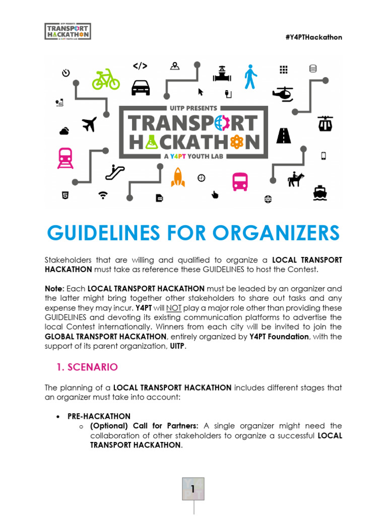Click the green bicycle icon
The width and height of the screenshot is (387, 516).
click(106, 79)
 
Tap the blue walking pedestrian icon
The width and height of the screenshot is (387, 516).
click(250, 77)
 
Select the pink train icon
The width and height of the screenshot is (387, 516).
click(66, 157)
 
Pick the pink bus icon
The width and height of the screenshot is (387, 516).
click(240, 181)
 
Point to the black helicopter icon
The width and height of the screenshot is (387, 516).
click(283, 93)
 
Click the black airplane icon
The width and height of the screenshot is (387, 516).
click(89, 123)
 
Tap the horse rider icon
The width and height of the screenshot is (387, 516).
click(296, 178)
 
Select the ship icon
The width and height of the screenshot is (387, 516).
click(320, 192)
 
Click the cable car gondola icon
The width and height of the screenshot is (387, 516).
click(325, 123)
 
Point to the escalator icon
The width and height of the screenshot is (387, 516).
click(115, 172)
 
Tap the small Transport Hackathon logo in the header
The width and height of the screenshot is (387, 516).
click(68, 31)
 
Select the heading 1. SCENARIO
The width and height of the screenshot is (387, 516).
click(88, 367)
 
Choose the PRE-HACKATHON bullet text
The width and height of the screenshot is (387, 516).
click(99, 416)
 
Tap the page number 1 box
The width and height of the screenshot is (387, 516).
click(193, 488)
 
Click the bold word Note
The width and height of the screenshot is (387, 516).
click(54, 289)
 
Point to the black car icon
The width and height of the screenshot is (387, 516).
click(141, 88)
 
